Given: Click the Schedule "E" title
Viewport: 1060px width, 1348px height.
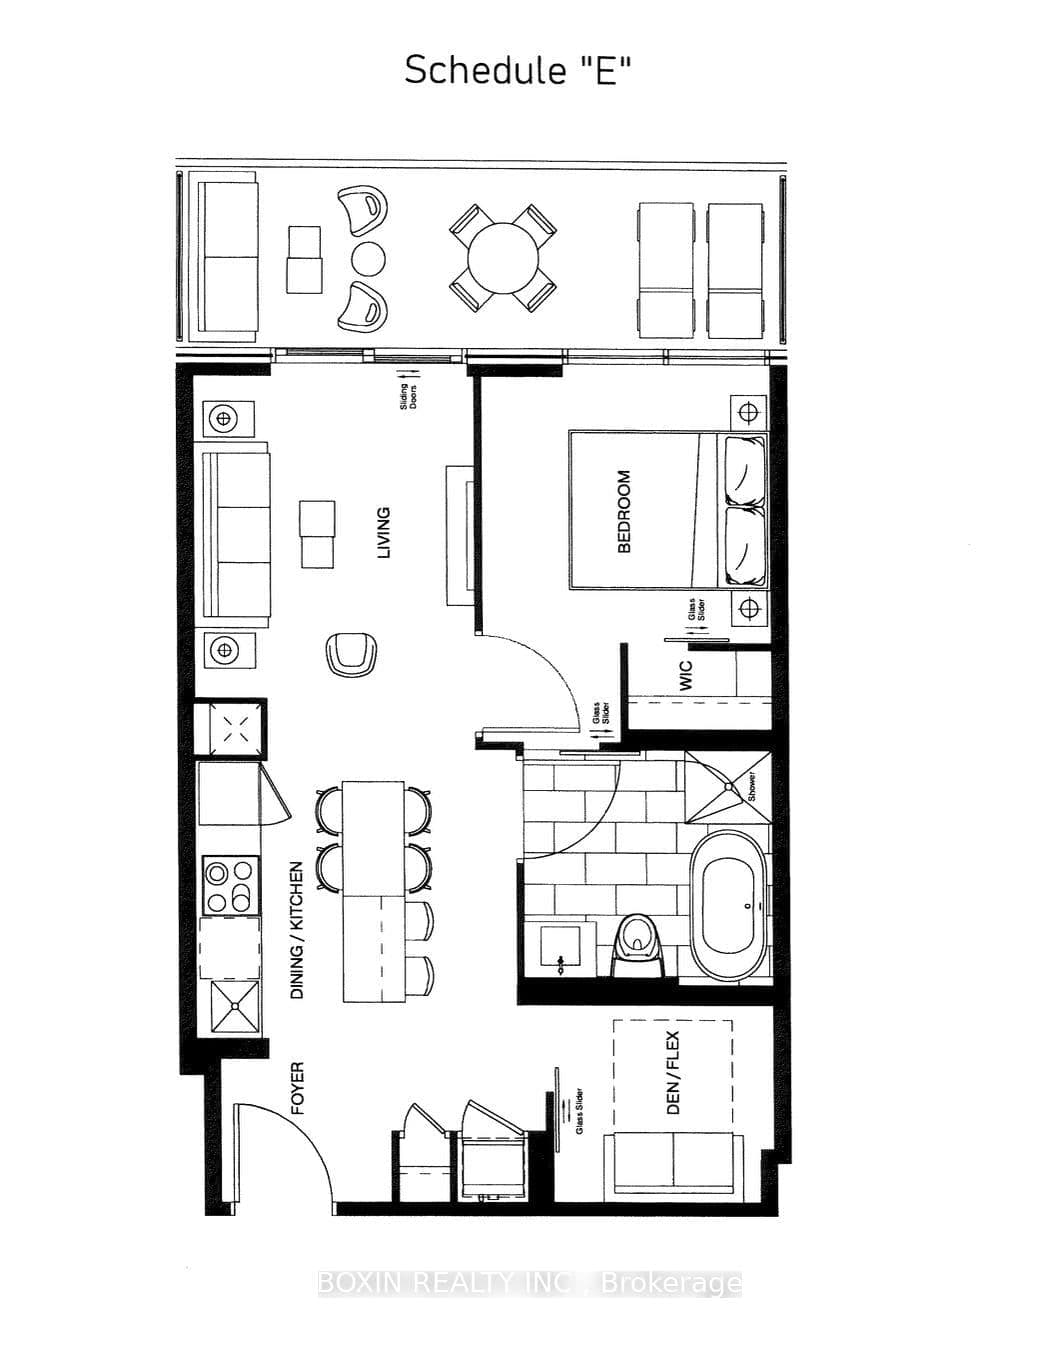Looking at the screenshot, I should coord(518,71).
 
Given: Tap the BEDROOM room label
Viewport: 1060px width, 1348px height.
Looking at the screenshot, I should coord(624,512).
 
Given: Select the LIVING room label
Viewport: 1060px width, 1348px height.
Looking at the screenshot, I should coord(383,533).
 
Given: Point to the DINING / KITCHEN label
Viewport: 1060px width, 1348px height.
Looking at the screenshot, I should coord(297,930).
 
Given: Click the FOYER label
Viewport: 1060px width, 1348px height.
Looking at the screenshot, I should coord(297,1089).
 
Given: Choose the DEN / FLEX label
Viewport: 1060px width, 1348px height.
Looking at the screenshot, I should coord(672,1073).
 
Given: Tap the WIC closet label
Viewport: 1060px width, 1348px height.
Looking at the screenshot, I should coord(686,676).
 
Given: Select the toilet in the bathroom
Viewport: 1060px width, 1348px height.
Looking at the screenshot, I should coord(636,940).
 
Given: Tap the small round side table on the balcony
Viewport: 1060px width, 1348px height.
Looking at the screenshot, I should coord(368,259).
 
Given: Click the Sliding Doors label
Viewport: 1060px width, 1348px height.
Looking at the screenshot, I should coord(409,400).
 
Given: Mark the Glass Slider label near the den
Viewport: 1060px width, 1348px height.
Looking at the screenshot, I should coord(578,1109).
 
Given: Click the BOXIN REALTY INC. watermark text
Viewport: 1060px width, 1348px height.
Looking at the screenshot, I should coord(529,1283).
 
